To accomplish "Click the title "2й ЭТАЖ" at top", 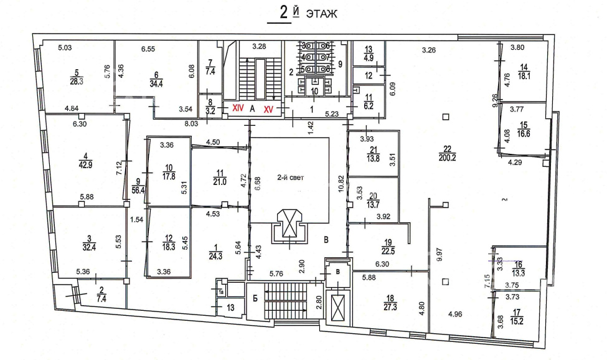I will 303,14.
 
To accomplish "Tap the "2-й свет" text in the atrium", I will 289,177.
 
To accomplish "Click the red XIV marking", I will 237,108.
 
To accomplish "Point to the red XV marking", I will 269,109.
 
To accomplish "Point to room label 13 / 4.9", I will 368,54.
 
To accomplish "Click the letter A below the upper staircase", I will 253,108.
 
